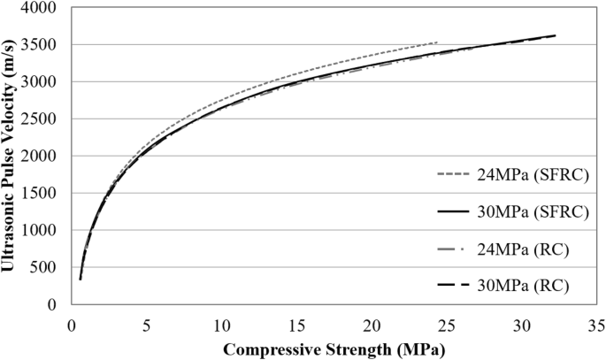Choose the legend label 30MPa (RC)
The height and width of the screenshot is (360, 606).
coord(518,286)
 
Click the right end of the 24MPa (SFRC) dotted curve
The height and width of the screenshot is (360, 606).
coord(437,42)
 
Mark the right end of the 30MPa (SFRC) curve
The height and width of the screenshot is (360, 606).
coord(556,35)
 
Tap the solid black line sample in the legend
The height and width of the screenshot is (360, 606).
coord(456,211)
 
